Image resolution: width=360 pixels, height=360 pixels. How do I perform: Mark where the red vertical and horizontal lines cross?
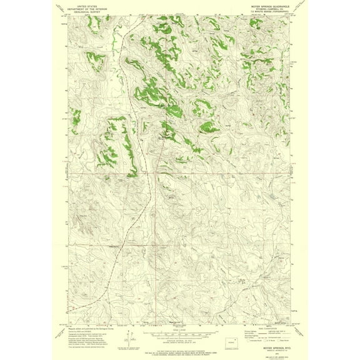click(155, 174)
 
